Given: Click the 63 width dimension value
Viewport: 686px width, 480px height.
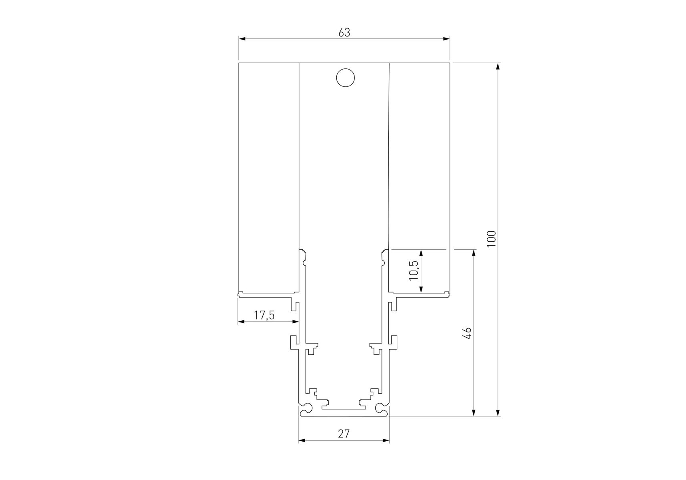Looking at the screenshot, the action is pos(344,32).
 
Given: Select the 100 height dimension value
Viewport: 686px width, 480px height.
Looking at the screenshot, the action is pos(491,239).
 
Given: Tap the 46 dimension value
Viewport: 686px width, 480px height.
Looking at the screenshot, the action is pos(467,333).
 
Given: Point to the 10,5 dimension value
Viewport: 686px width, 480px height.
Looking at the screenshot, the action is pos(414,270).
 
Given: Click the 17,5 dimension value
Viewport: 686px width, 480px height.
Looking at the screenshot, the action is pos(264,315).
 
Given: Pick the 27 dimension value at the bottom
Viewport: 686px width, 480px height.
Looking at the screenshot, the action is pos(344,434).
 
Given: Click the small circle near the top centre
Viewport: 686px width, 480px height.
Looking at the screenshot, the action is pos(346,78).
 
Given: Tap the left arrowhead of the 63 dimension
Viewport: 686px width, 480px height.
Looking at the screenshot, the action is pos(242,39).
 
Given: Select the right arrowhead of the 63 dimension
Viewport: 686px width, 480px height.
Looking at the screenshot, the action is pos(446,39).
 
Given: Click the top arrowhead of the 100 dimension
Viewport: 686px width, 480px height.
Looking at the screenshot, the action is pos(498,66).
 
